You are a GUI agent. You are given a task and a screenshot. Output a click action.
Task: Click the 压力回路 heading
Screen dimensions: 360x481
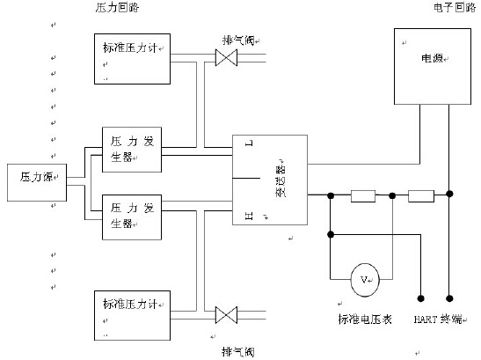click(x=116, y=7)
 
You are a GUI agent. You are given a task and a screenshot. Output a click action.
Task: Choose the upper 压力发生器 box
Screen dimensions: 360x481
click(x=131, y=148)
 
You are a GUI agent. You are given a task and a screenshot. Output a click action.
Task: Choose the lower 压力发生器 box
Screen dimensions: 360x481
click(x=131, y=216)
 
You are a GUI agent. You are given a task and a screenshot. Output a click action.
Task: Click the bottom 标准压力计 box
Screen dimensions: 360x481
click(x=135, y=314)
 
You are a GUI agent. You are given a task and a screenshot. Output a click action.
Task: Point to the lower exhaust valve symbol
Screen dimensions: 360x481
click(x=227, y=314)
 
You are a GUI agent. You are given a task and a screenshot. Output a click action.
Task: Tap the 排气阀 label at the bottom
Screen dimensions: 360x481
click(x=238, y=350)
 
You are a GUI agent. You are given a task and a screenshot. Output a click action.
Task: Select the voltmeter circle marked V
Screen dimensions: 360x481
click(x=363, y=279)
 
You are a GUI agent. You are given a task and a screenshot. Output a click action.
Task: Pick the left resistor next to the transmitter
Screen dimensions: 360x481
click(x=362, y=196)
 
